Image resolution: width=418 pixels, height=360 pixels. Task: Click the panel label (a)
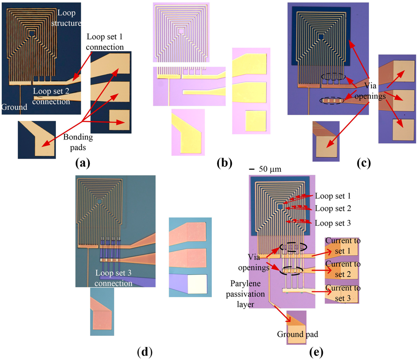[x=83, y=164]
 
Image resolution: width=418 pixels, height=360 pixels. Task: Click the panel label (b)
[x=225, y=164]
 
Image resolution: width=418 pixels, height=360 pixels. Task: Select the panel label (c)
[x=363, y=164]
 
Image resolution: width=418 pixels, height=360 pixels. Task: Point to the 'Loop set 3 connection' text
[x=114, y=278]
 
